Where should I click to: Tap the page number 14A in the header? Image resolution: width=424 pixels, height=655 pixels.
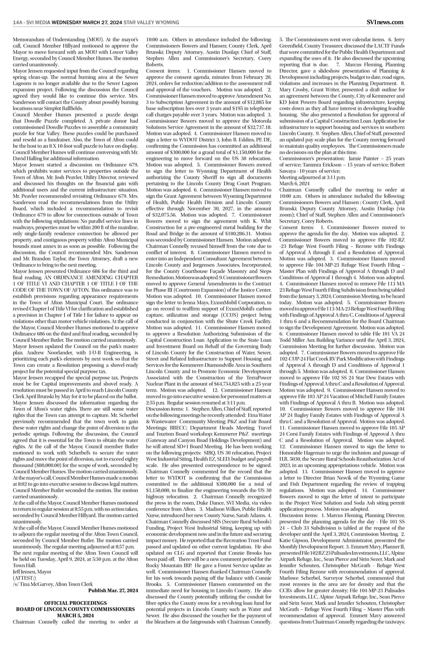(17, 22)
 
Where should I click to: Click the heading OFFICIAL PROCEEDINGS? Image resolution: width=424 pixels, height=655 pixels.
(76, 603)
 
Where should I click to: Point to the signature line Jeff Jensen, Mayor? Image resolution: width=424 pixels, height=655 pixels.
(32, 572)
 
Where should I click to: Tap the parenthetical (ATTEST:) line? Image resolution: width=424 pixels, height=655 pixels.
(24, 578)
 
